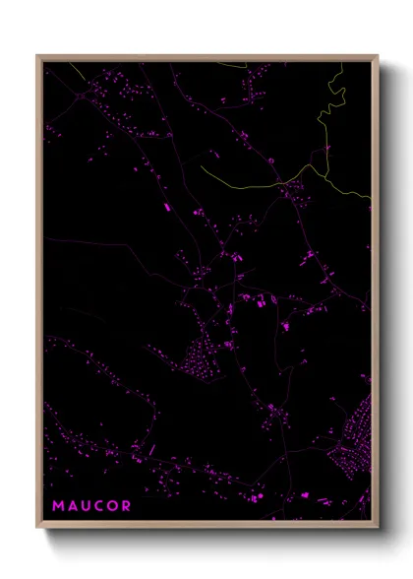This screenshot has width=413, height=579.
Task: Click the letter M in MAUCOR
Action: tap(58, 506)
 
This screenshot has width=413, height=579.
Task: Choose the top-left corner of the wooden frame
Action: tap(38, 57)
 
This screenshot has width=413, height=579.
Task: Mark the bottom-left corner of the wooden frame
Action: tap(38, 525)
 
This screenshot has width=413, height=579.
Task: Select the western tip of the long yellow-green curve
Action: tap(203, 165)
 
